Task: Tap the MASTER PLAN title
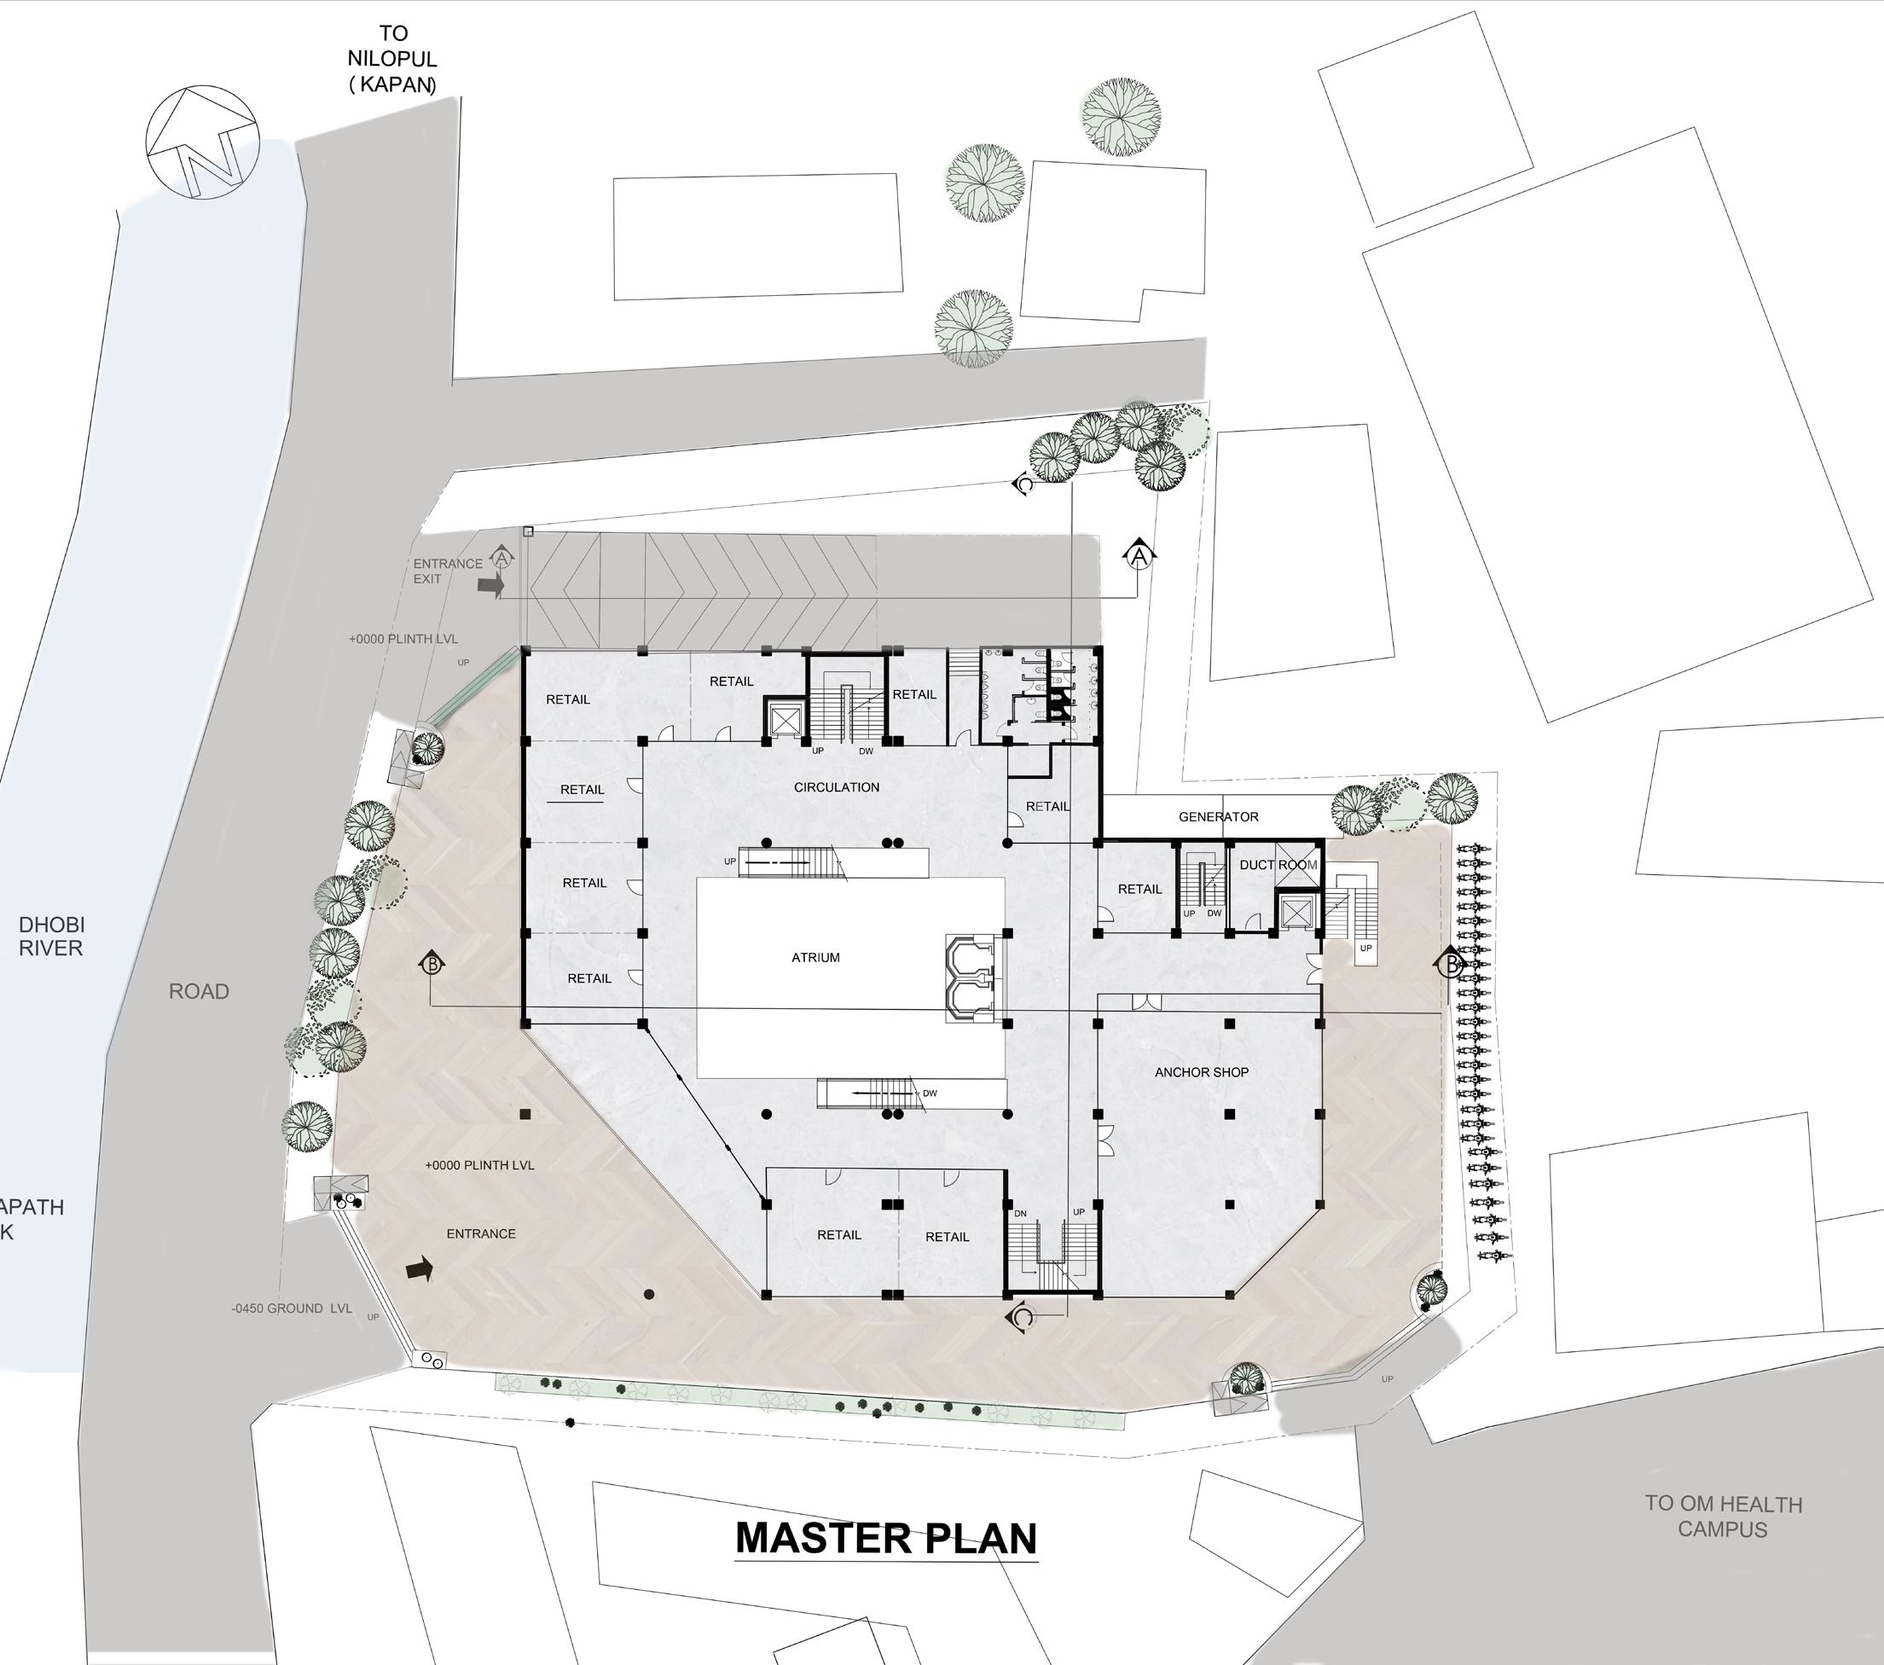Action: (x=886, y=1538)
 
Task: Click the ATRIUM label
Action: (x=815, y=958)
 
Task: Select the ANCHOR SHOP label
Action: (x=1201, y=1072)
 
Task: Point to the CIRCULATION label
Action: (x=836, y=787)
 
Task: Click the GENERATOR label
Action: (x=1218, y=817)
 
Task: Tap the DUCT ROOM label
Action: (x=1278, y=865)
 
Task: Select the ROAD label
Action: (x=198, y=992)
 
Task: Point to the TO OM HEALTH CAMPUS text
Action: (x=1723, y=1517)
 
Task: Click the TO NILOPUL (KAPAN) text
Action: (x=392, y=59)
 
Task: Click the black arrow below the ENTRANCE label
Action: (x=420, y=1270)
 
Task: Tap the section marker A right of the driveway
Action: (x=1139, y=555)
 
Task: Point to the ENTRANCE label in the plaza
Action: (x=480, y=1233)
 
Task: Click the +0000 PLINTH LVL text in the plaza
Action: (x=479, y=1165)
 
